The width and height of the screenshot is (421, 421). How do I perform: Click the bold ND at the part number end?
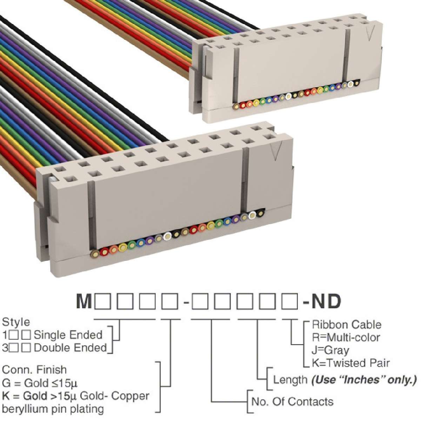click(326, 302)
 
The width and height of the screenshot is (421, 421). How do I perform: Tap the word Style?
click(16, 322)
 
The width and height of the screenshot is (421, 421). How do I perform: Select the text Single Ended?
click(68, 335)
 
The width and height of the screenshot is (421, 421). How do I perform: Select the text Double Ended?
click(71, 348)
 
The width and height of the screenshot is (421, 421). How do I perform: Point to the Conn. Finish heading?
click(34, 370)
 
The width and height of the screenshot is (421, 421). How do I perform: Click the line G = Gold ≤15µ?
click(40, 383)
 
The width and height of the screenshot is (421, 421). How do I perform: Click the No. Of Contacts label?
click(292, 401)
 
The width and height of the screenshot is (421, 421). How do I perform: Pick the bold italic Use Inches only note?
click(364, 380)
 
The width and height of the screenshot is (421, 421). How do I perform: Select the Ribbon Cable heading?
click(347, 325)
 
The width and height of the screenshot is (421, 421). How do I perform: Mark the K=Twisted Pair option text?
click(350, 363)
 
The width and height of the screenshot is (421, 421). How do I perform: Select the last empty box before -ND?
click(289, 302)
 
